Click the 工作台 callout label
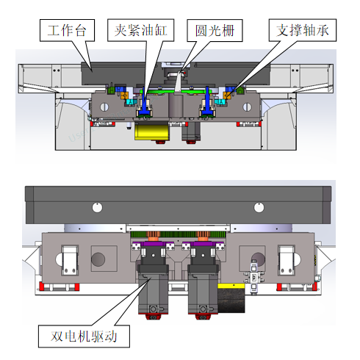tap(67, 30)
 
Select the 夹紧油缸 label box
tap(141, 30)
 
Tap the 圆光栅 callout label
tap(215, 31)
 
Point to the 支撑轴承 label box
tap(303, 30)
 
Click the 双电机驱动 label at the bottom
tap(84, 336)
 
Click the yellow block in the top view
tap(152, 132)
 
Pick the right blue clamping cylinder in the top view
tap(208, 103)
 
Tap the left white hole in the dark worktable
tap(97, 208)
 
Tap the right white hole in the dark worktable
tap(259, 208)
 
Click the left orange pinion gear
tap(153, 236)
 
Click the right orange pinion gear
tap(203, 236)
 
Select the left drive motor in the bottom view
tap(153, 289)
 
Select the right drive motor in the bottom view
tap(203, 289)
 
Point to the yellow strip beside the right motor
tap(231, 286)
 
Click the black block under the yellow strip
tap(231, 300)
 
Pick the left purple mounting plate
tap(153, 244)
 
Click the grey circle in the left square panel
tap(98, 259)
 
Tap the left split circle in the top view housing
tap(104, 107)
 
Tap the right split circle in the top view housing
tap(247, 107)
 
